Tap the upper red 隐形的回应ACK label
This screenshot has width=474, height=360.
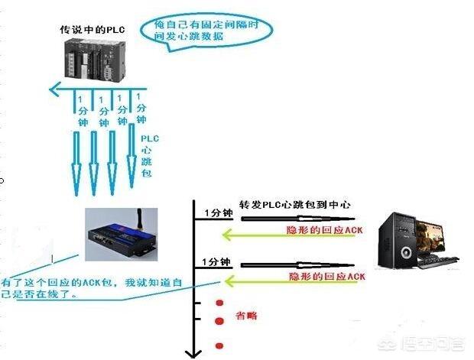[x=322, y=229]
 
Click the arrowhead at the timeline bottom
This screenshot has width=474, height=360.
[x=194, y=352]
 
